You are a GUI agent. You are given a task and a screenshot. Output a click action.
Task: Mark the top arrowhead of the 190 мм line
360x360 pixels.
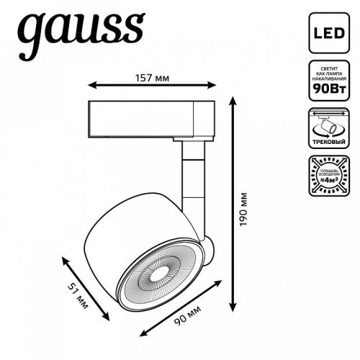pyautogui.click(x=232, y=102)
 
